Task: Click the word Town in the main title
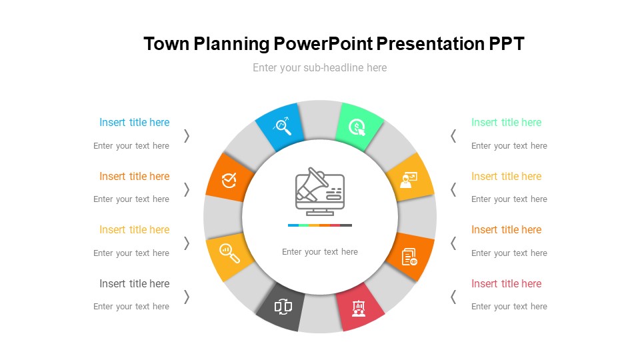pos(167,44)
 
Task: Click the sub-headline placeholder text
pos(319,67)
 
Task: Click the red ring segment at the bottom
pos(359,307)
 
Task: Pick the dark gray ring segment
pos(282,307)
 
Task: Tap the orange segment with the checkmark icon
pos(229,178)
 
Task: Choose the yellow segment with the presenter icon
pos(409,178)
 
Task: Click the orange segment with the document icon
pos(411,256)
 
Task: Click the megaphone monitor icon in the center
pos(319,192)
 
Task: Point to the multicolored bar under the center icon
pos(319,225)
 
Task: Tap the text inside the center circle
pos(319,252)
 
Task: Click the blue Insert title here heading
pos(134,123)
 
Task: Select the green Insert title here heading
pos(506,123)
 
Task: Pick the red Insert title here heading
pos(506,284)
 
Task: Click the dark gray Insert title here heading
pos(134,284)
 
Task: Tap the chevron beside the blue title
pos(187,135)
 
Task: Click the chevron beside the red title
pos(453,297)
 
